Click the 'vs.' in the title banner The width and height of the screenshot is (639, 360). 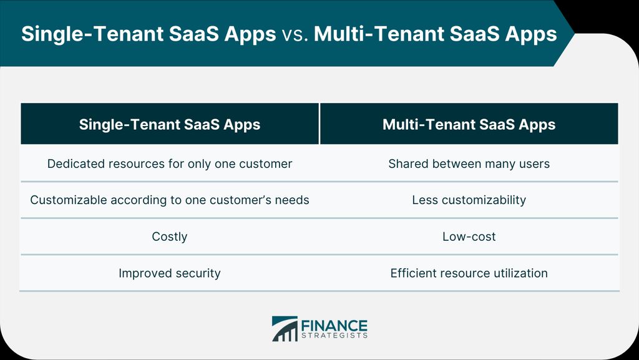pos(295,34)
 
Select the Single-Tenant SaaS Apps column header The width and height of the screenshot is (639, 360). pos(170,124)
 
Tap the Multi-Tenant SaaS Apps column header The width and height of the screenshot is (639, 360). pos(469,124)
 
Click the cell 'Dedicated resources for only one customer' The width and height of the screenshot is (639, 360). pos(170,163)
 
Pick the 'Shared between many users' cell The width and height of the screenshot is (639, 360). pos(469,163)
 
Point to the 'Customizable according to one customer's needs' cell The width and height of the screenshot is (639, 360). pos(170,200)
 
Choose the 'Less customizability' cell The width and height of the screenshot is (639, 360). pos(469,200)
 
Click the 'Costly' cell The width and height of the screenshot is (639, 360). pos(170,236)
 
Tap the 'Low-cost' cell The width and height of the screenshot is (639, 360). pos(469,236)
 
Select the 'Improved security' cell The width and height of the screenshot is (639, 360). pos(170,273)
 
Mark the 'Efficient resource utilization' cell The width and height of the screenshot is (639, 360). pos(469,273)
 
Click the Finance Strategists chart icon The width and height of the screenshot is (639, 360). pos(285,329)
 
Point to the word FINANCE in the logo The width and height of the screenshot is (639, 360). pos(334,326)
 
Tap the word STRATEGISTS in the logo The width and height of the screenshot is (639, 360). pos(334,336)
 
